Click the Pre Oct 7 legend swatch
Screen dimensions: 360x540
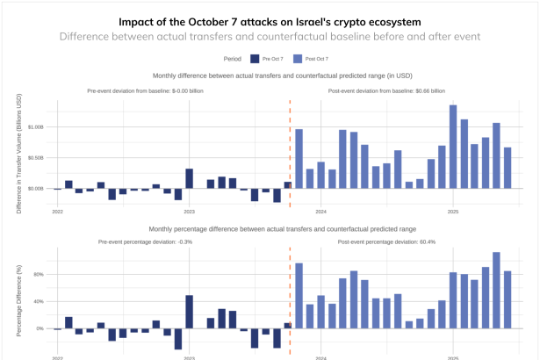255,58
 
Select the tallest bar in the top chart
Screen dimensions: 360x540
453,147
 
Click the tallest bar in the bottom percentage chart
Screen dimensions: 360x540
496,290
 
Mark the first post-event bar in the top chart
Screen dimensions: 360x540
299,158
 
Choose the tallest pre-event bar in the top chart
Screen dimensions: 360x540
190,178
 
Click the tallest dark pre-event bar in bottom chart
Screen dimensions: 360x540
190,312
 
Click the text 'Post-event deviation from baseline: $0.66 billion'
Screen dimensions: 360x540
386,90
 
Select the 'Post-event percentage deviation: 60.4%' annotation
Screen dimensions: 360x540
386,241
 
